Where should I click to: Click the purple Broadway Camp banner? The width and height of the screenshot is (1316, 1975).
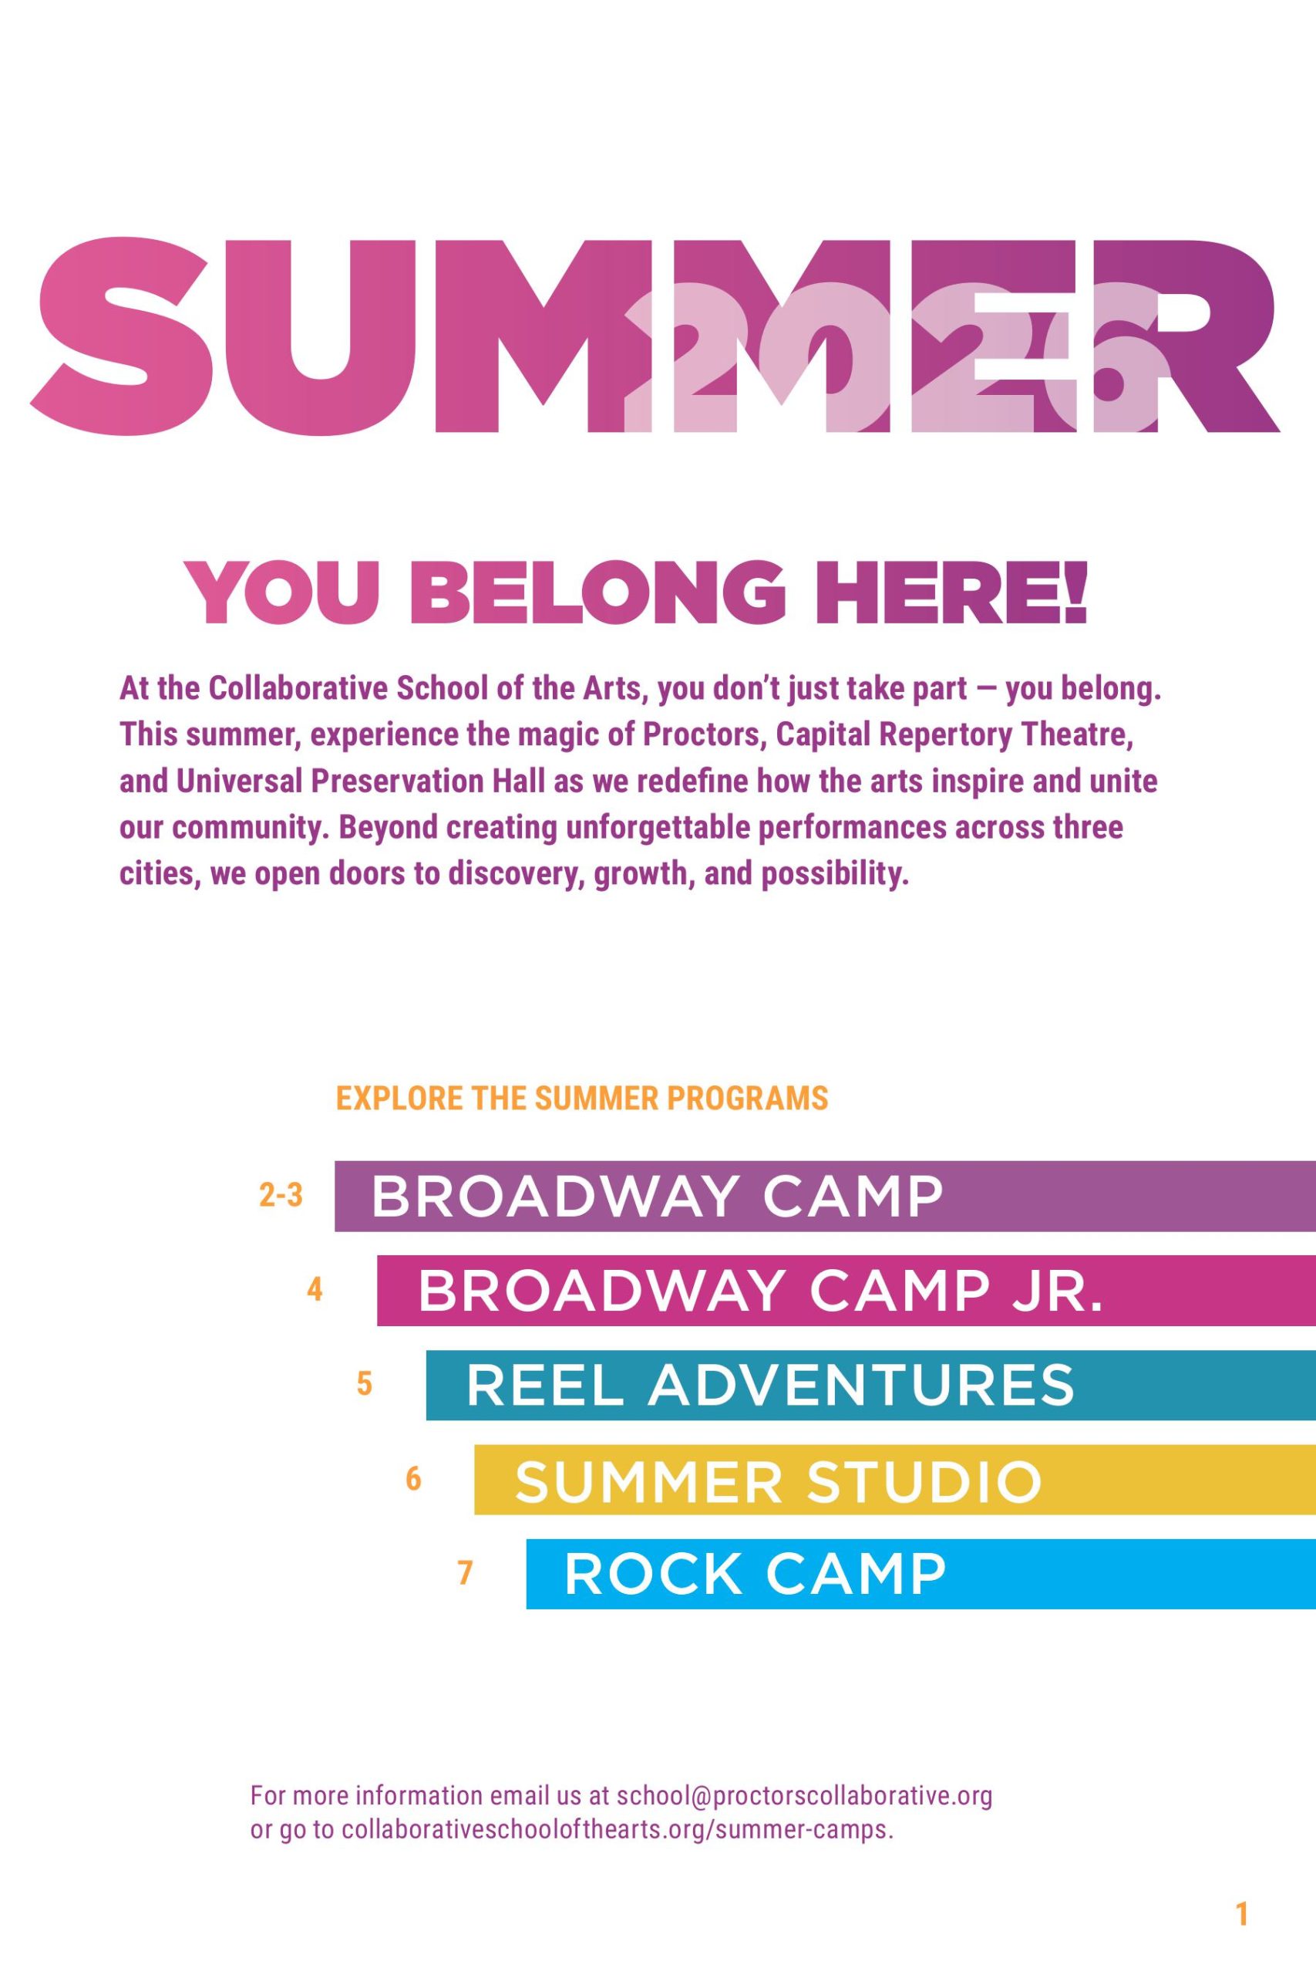pyautogui.click(x=825, y=1196)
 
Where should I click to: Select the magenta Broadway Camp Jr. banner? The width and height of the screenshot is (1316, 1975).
pyautogui.click(x=846, y=1291)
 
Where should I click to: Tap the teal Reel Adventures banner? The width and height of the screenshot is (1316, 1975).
pyautogui.click(x=870, y=1386)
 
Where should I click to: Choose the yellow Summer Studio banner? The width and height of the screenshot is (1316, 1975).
pyautogui.click(x=894, y=1480)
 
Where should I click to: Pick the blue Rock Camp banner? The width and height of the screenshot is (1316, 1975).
pyautogui.click(x=921, y=1574)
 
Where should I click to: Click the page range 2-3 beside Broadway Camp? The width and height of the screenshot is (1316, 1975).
pyautogui.click(x=281, y=1195)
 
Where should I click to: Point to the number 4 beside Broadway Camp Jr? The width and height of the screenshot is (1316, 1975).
pyautogui.click(x=315, y=1289)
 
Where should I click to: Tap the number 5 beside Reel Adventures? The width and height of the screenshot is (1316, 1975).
pyautogui.click(x=364, y=1383)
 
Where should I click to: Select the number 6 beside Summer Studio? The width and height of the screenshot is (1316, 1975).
pyautogui.click(x=413, y=1478)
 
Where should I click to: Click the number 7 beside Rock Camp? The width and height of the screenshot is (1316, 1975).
pyautogui.click(x=465, y=1572)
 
